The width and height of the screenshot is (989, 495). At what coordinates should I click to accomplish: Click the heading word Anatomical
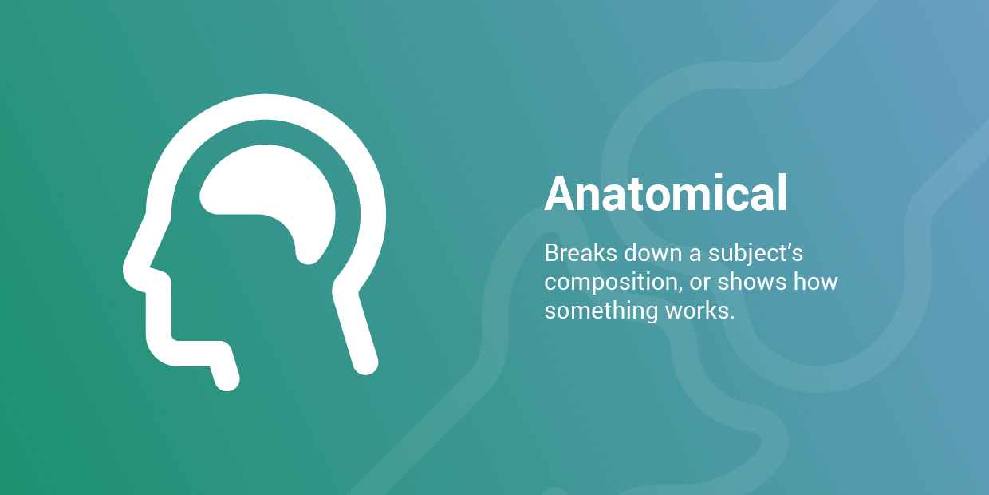click(x=666, y=193)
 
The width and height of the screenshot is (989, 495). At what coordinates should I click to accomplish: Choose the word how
click(x=815, y=282)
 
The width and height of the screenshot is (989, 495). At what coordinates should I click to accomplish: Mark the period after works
click(x=731, y=318)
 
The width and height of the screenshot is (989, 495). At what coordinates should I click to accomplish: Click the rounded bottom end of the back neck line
click(x=365, y=362)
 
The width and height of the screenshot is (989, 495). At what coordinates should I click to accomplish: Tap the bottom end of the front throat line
click(x=227, y=378)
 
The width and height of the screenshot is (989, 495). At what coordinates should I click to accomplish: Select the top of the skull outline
click(x=266, y=106)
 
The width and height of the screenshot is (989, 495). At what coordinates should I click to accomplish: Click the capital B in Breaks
click(x=553, y=253)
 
